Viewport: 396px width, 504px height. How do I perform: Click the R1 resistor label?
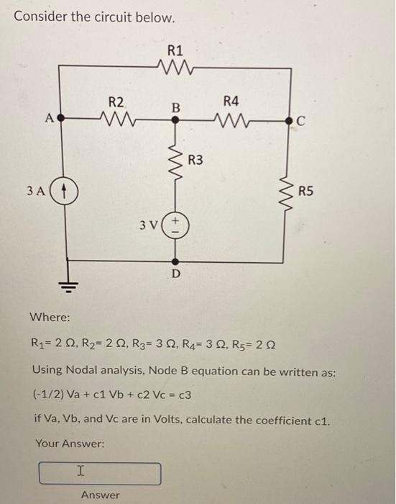[x=175, y=50]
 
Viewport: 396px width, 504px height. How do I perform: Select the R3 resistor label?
[x=196, y=159]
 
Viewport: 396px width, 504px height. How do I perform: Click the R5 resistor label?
[x=305, y=191]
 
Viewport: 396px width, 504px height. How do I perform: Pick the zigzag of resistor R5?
[x=290, y=192]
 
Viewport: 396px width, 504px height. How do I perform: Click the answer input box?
[x=100, y=473]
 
